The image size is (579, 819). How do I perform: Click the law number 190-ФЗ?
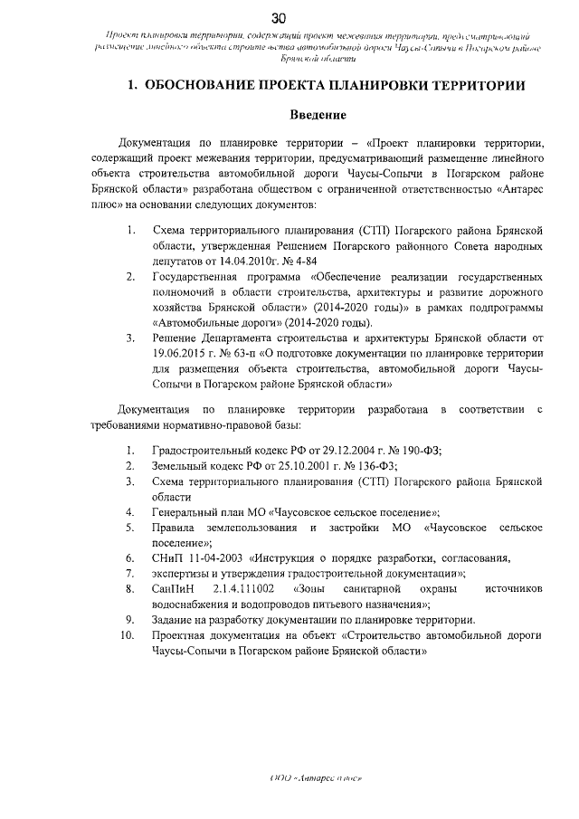pyautogui.click(x=411, y=451)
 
